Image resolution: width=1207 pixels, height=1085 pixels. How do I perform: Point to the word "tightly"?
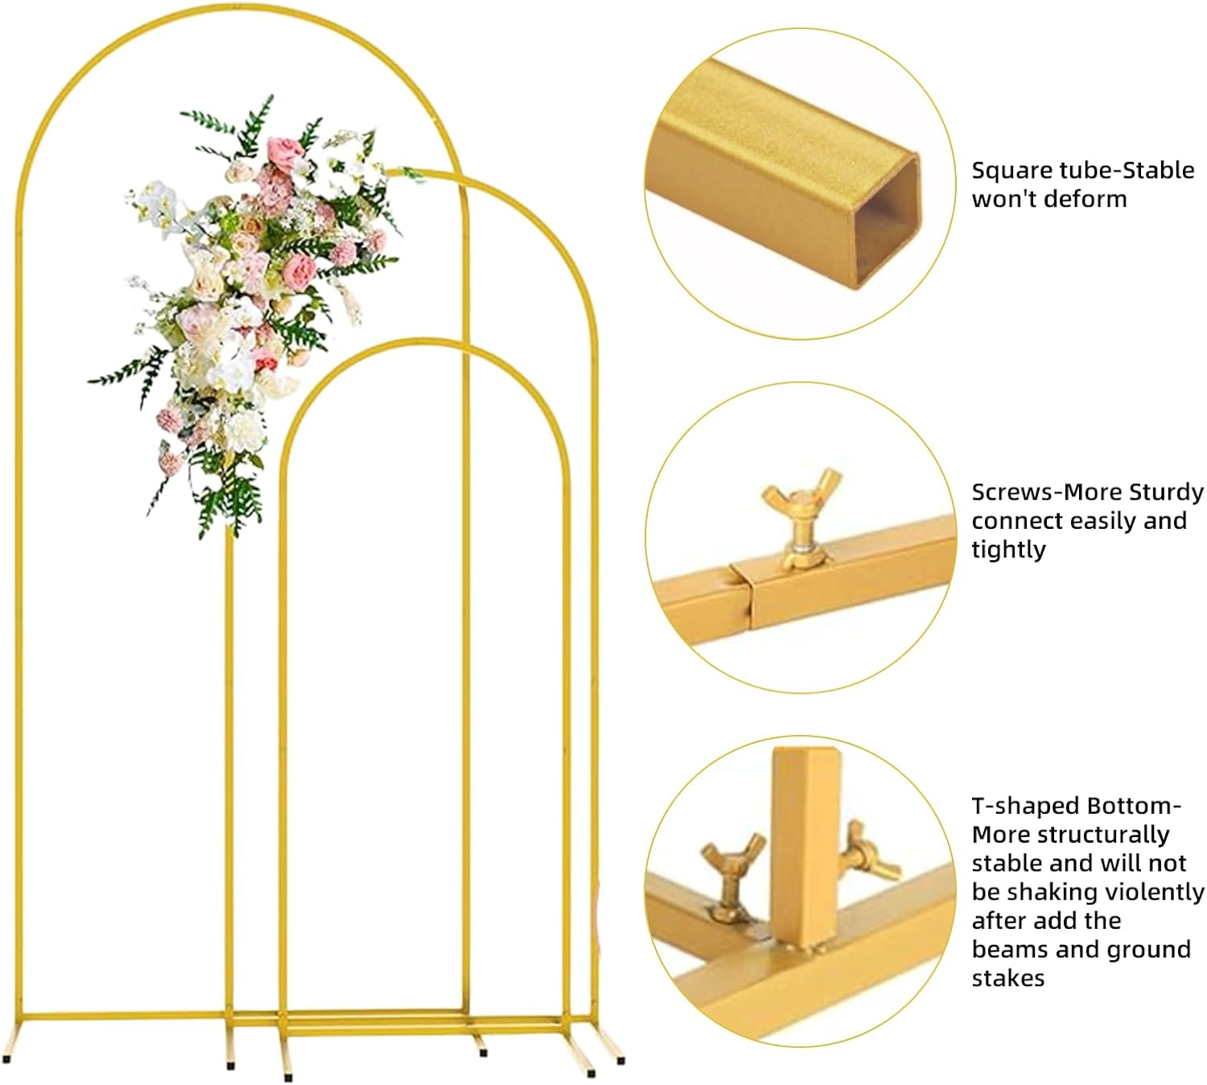coord(1008,550)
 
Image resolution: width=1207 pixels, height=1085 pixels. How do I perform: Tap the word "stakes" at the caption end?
coord(1007,978)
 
